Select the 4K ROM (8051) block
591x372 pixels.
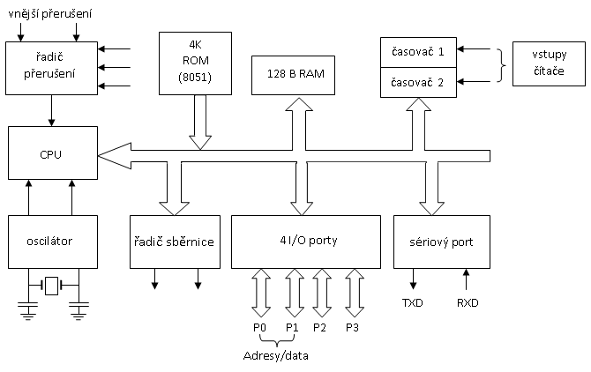coord(196,63)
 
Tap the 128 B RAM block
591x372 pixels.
coord(294,75)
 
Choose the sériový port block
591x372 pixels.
coord(441,241)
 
